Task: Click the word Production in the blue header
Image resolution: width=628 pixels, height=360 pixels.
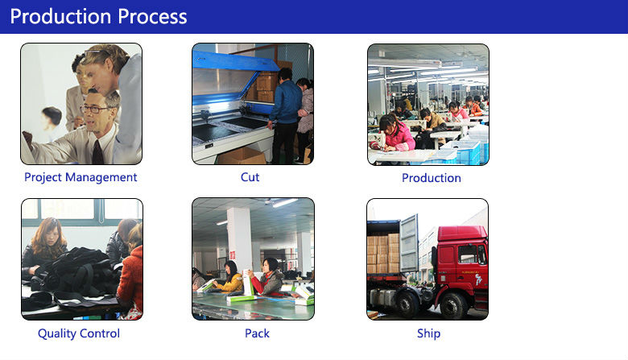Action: [60, 16]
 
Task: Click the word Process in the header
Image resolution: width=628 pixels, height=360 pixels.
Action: [153, 16]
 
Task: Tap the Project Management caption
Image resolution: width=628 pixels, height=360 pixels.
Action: [81, 177]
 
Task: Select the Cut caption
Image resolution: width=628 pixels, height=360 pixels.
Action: [250, 177]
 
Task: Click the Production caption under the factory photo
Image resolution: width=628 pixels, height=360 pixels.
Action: [432, 178]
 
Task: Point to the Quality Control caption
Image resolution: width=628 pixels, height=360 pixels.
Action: [79, 333]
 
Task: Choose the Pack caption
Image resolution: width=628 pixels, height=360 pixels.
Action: [257, 333]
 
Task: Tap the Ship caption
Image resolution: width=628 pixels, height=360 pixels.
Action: [428, 333]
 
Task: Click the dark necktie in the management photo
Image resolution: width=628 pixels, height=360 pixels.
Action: [97, 152]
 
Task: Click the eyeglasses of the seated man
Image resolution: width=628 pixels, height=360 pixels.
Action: [93, 109]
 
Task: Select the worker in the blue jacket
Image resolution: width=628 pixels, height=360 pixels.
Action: [285, 116]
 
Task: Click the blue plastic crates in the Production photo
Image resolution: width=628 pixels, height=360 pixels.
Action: [461, 152]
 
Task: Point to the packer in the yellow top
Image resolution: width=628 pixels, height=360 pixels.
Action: [229, 277]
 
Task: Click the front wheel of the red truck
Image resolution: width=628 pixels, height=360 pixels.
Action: [453, 305]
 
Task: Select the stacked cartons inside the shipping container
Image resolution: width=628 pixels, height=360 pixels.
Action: [383, 253]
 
